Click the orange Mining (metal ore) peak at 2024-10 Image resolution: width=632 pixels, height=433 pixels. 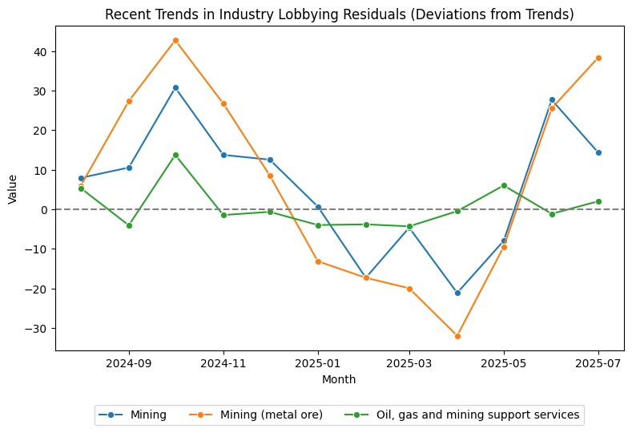(x=175, y=40)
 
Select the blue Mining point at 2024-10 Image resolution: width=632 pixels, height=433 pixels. (x=175, y=87)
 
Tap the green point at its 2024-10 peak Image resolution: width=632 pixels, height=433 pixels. (x=175, y=155)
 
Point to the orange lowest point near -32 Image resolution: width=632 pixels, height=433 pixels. (x=457, y=336)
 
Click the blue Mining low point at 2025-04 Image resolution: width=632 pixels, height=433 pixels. (x=457, y=293)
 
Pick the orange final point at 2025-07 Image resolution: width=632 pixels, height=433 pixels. (x=598, y=58)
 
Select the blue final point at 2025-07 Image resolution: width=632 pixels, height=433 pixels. (x=598, y=152)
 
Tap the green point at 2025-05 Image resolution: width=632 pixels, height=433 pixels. (x=504, y=185)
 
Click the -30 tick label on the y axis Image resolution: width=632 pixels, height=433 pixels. (x=38, y=328)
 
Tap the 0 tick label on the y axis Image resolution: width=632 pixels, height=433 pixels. (x=45, y=209)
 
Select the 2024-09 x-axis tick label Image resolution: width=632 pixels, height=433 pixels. (x=129, y=362)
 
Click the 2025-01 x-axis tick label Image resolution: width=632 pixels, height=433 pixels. (x=318, y=362)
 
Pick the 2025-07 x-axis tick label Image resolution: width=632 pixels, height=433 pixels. (x=598, y=362)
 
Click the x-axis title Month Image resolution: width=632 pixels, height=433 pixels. (x=339, y=378)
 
